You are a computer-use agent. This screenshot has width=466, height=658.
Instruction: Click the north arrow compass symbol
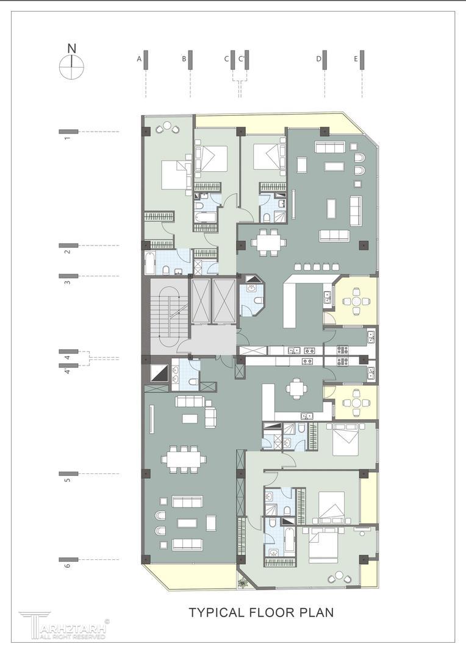[x=72, y=66]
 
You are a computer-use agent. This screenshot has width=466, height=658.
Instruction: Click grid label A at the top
[x=139, y=59]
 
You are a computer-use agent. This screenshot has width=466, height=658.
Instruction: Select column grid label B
[x=184, y=59]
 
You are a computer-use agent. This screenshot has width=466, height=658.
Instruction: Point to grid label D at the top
[x=319, y=59]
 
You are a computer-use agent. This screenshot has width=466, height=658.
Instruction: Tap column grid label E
[x=356, y=59]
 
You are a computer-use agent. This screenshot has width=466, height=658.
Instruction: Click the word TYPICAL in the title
[x=216, y=612]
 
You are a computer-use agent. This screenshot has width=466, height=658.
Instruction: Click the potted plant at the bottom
[x=243, y=583]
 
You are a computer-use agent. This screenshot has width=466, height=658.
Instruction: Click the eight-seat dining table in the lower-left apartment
[x=184, y=459]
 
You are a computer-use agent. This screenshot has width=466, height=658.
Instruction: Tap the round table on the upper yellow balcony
[x=356, y=302]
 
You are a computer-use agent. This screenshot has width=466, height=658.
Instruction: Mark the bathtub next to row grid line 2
[x=150, y=263]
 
